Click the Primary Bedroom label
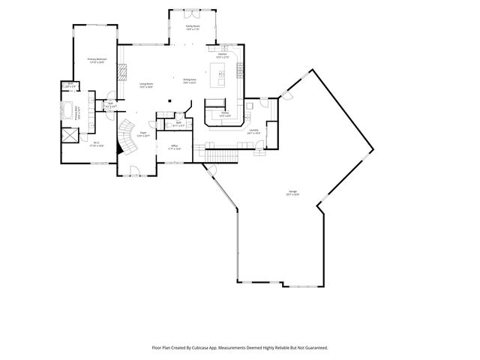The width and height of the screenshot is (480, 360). pos(97,60)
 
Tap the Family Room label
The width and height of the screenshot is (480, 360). pos(193,28)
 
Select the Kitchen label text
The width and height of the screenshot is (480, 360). pos(223,56)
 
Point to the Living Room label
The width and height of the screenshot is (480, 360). pos(145,85)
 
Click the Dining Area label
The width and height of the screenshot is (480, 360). pos(189,81)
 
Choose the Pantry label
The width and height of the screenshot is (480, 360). pos(224,115)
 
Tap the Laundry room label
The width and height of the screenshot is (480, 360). pos(253,131)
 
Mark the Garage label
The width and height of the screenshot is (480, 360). pos(292,193)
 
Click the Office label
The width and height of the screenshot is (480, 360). pos(173,147)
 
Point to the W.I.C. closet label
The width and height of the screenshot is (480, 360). pos(96,144)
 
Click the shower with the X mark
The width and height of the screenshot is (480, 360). pos(70,135)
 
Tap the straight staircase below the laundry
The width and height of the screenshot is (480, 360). pos(223,156)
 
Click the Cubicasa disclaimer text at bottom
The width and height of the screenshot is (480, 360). pos(240,348)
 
